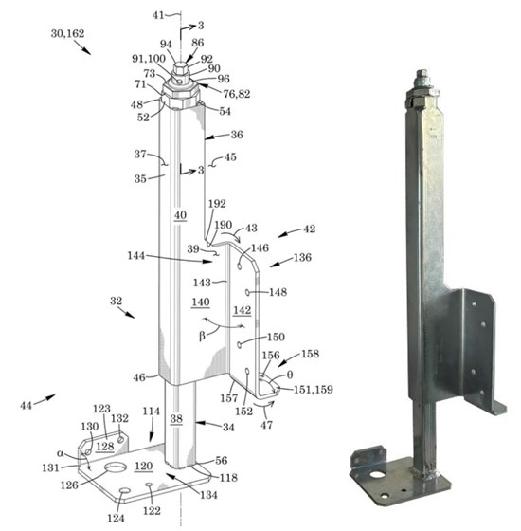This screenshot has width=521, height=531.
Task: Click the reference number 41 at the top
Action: coord(158,15)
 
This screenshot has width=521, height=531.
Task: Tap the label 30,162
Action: coord(67,33)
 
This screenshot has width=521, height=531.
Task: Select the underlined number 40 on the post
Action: coord(180,215)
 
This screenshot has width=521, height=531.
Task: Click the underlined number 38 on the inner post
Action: coord(176,419)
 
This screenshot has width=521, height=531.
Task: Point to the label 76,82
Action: coord(237,94)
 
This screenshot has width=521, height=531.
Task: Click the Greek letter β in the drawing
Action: coord(202,337)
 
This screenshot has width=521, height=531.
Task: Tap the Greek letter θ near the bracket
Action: coord(290,375)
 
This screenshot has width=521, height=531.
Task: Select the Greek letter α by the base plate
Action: coord(61,453)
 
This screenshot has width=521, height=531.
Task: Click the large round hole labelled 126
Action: coord(116,467)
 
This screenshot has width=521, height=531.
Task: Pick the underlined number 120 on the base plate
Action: coord(144,467)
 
